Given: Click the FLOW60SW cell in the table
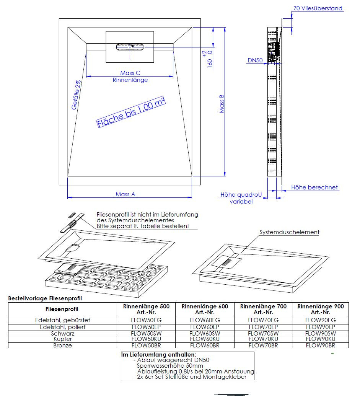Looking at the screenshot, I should tap(205, 333).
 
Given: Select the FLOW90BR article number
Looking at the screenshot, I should tap(321, 345).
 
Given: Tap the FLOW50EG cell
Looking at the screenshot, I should tap(146, 320).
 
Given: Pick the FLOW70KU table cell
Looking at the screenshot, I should tap(263, 339).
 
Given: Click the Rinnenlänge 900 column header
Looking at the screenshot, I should tap(321, 309).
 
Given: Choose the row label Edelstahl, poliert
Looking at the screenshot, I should tap(62, 327).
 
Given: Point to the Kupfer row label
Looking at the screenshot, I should tap(62, 339).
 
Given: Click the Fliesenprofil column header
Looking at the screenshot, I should tap(62, 309).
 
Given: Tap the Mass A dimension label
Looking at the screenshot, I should tap(125, 194).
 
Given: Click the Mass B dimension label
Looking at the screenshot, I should tap(222, 104).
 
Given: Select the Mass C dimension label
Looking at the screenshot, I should tap(130, 73).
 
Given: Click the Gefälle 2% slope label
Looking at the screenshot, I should tap(77, 95).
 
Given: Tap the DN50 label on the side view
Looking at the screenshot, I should tap(255, 60).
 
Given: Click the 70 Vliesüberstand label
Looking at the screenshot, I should tap(318, 8).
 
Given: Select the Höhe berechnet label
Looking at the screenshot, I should tap(314, 187).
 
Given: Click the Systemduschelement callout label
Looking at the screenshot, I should tap(289, 232).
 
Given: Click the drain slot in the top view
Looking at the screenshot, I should tap(130, 47).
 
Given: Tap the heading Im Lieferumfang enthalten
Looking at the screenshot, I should tap(158, 355).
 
